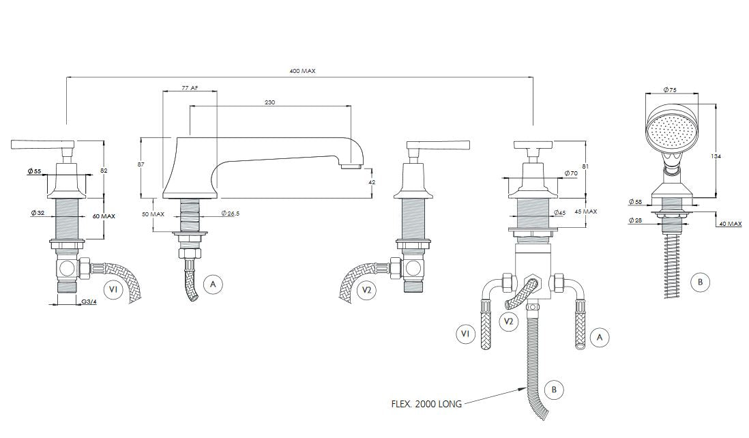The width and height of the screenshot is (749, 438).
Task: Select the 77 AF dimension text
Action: pyautogui.click(x=190, y=89)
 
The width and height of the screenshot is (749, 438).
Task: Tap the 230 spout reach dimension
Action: pyautogui.click(x=271, y=102)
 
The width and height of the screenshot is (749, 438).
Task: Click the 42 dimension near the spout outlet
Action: pyautogui.click(x=372, y=183)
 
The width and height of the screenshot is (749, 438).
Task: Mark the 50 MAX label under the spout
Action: pyautogui.click(x=153, y=214)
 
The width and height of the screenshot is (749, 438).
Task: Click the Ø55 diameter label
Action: pyautogui.click(x=34, y=170)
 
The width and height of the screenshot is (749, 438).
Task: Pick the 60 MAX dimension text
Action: pyautogui.click(x=104, y=216)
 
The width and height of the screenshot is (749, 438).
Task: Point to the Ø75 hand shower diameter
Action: pyautogui.click(x=670, y=89)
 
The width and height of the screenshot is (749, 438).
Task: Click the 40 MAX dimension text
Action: pyautogui.click(x=729, y=224)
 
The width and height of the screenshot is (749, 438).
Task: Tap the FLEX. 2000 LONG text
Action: pyautogui.click(x=426, y=404)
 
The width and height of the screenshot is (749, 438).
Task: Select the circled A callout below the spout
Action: pyautogui.click(x=213, y=284)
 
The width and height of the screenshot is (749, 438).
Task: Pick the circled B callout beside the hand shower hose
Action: pyautogui.click(x=699, y=282)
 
